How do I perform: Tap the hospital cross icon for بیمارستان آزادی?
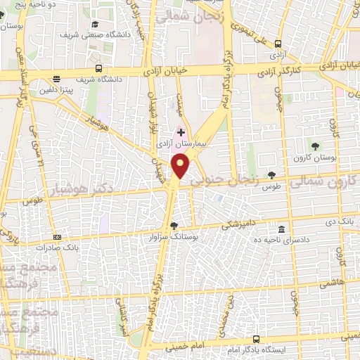[x=181, y=131]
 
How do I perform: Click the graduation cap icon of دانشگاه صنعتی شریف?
[x=94, y=25]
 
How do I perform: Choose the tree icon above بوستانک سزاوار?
[x=174, y=226]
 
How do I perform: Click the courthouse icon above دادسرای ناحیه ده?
[x=281, y=229]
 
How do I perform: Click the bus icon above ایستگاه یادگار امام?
[x=257, y=339]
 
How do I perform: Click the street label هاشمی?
[x=328, y=283]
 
